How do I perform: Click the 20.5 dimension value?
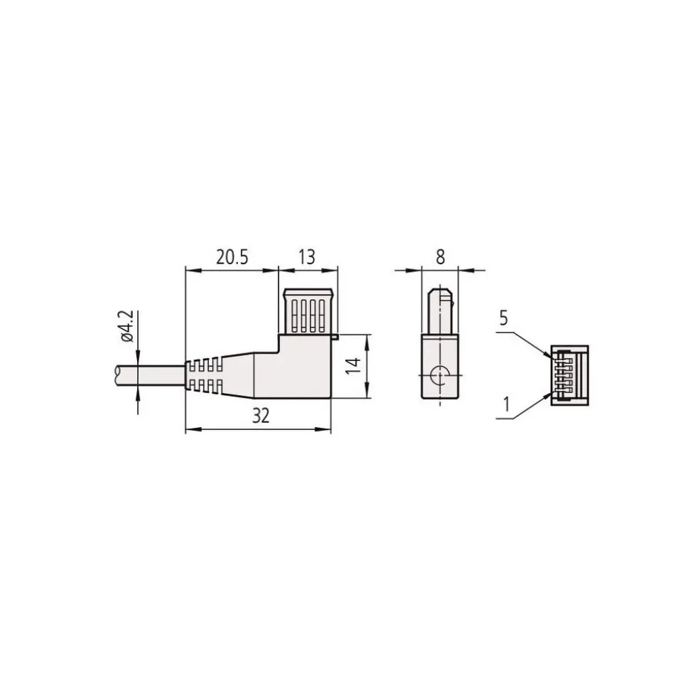click(x=232, y=257)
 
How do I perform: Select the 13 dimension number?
click(x=307, y=257)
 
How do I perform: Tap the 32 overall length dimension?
click(x=261, y=416)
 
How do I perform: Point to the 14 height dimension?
click(x=353, y=366)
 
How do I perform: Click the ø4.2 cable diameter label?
click(x=126, y=326)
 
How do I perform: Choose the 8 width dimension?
click(x=440, y=257)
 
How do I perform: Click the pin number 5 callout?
click(x=504, y=318)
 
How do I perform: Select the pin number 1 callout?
click(x=507, y=404)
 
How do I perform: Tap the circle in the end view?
click(x=439, y=375)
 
